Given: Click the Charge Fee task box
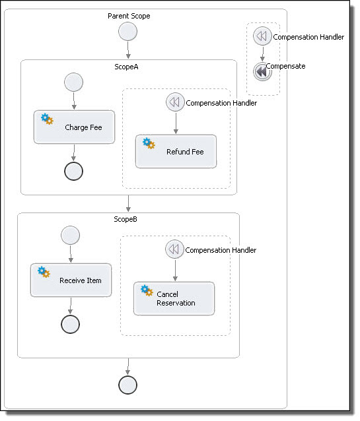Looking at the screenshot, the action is point(74,127).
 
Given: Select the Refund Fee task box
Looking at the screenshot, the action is point(176,151).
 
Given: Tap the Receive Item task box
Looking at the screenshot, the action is point(71,280).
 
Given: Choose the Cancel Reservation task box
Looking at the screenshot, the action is point(174,298).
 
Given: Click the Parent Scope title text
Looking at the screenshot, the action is point(129,16).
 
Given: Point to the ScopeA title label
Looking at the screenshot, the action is point(126,67).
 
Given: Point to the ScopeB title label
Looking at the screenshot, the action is point(126,219).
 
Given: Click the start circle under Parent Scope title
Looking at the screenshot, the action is point(127,32).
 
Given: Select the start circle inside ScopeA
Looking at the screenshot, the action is point(74,82).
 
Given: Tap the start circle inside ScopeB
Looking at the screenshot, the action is point(71,235).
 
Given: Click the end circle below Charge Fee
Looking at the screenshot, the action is point(74,172).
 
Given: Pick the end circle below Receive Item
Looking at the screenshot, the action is point(71,325).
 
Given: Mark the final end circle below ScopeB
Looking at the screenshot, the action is point(127,385).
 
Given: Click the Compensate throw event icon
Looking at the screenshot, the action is point(262,72).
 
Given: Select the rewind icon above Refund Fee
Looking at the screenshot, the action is point(175,102).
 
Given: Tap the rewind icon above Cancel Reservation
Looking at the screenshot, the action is point(174,249).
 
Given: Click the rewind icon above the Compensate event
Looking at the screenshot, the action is point(262,36).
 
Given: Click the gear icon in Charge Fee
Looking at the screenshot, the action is point(47,119).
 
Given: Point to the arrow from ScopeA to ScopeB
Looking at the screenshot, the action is point(128,203).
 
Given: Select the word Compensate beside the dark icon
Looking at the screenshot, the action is point(286,66).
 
